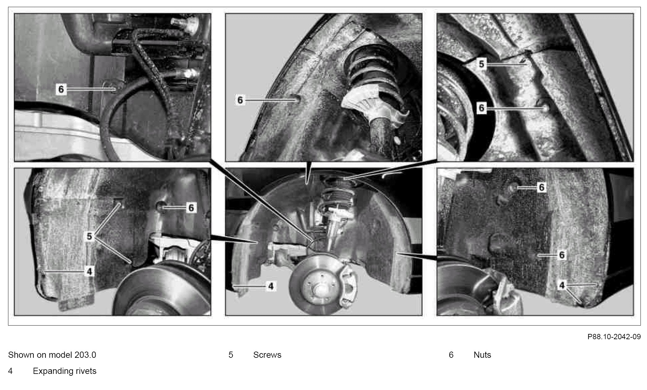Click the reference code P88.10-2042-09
tap(614, 337)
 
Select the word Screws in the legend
tap(267, 355)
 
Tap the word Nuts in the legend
tap(482, 355)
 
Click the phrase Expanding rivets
tap(65, 371)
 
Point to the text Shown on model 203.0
tap(52, 355)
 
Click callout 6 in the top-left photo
tap(61, 90)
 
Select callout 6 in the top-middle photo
tap(240, 100)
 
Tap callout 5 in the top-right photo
tap(481, 64)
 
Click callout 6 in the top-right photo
tap(481, 108)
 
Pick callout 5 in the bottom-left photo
tap(89, 237)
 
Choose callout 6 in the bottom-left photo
tap(191, 208)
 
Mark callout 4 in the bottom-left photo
tap(89, 272)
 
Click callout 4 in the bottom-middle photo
tap(271, 286)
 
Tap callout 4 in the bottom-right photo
tap(562, 285)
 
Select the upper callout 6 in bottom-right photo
tap(541, 187)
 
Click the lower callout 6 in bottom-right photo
tap(562, 255)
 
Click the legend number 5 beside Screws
tap(231, 355)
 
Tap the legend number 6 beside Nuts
tap(451, 355)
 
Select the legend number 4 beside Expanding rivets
tap(10, 371)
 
